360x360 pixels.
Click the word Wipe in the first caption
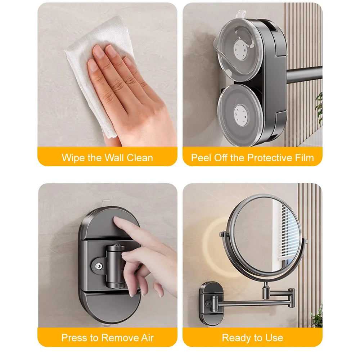pyautogui.click(x=73, y=158)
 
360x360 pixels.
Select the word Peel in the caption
pyautogui.click(x=201, y=158)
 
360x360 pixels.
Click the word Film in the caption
pyautogui.click(x=303, y=158)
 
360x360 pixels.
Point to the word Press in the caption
pyautogui.click(x=73, y=338)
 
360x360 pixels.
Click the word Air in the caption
pyautogui.click(x=146, y=338)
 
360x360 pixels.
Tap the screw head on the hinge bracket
pyautogui.click(x=98, y=266)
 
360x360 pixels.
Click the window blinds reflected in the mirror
pyautogui.click(x=292, y=234)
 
